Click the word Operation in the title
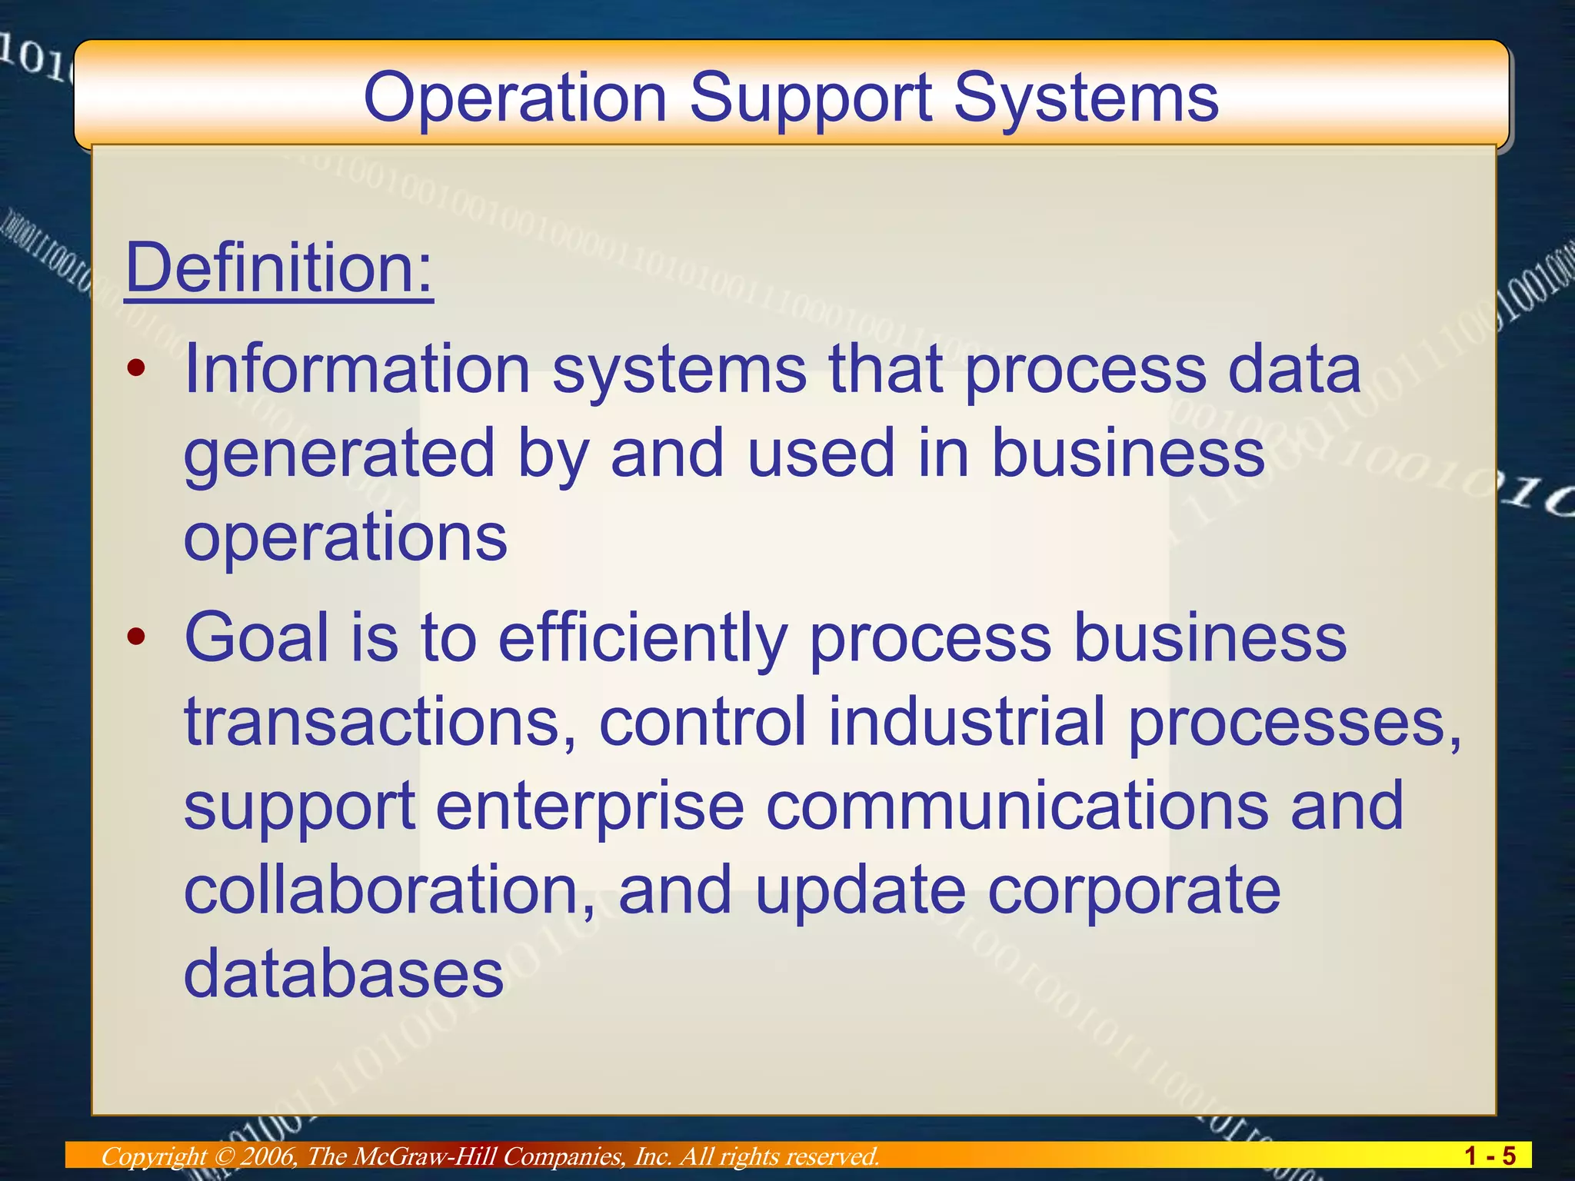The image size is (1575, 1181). click(x=514, y=98)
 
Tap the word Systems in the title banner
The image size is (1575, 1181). click(x=1086, y=98)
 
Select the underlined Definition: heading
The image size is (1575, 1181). click(x=279, y=267)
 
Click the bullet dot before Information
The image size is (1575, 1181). click(x=136, y=369)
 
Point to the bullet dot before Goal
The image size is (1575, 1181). click(x=136, y=637)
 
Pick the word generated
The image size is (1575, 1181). click(x=339, y=454)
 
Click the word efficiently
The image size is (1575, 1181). click(x=643, y=637)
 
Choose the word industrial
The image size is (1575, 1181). click(x=967, y=720)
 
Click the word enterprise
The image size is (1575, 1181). click(x=591, y=805)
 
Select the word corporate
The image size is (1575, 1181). click(x=1134, y=890)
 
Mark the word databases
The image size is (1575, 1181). click(x=343, y=973)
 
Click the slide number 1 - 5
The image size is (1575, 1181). click(x=1490, y=1156)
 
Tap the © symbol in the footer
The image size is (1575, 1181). click(x=224, y=1156)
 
